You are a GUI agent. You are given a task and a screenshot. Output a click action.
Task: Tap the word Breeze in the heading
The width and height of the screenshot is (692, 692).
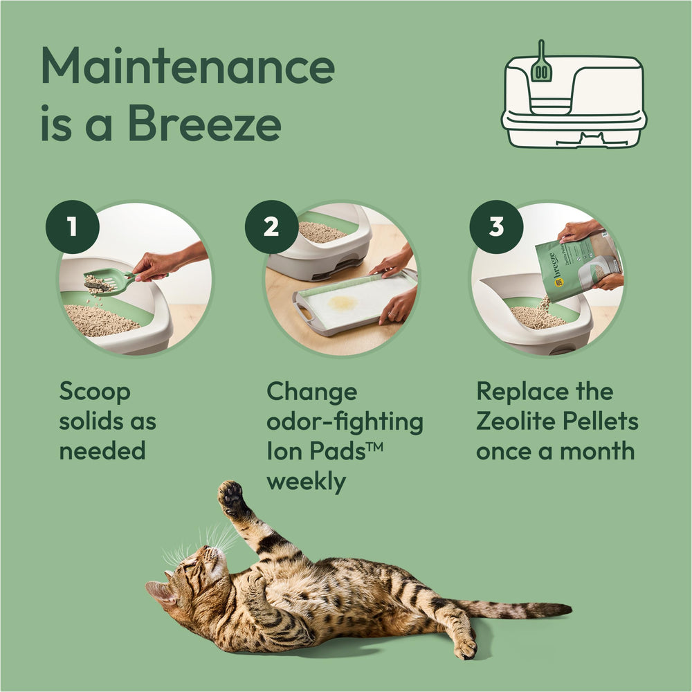coord(204,123)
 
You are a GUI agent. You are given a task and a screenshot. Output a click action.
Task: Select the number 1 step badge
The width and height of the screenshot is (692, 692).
coord(73,227)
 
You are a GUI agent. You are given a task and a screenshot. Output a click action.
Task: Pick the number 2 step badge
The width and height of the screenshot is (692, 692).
coord(271,227)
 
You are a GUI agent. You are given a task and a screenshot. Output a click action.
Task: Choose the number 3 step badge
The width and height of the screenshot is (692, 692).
coord(496,227)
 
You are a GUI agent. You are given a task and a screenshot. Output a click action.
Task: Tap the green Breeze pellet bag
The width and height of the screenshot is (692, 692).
coord(579,267)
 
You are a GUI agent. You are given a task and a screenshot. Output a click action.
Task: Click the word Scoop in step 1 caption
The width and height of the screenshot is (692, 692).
coord(95,392)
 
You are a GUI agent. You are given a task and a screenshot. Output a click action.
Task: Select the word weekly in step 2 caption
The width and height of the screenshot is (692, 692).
coord(307,482)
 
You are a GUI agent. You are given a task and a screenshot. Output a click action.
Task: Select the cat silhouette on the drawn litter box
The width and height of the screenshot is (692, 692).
coord(592,138)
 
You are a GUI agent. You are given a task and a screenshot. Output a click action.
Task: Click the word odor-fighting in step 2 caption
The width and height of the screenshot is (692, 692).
coord(345,422)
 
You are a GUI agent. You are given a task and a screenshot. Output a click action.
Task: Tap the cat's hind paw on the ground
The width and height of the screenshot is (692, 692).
coord(465,648)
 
